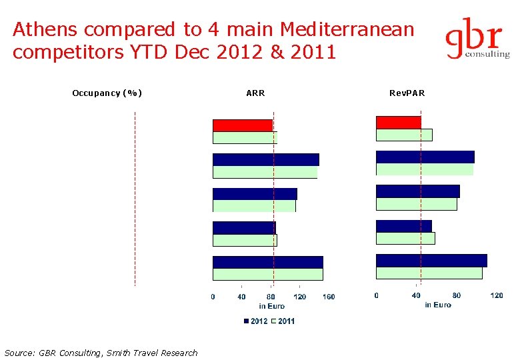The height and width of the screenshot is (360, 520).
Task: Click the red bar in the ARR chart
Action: point(243,125)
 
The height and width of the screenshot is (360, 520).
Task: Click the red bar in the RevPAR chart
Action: point(398,123)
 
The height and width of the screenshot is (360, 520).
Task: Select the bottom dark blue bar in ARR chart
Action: point(267,262)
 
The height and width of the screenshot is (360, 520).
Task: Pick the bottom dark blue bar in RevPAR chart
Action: point(431,261)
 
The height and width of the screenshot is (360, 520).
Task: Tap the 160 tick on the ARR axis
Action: point(328,297)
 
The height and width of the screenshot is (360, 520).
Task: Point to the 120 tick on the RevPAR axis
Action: point(496,295)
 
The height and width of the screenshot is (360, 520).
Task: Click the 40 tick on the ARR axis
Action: point(241,297)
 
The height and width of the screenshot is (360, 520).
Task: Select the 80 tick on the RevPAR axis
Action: point(457,295)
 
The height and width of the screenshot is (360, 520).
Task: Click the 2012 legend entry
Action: point(255,321)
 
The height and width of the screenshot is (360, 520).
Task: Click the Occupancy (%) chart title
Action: point(107,93)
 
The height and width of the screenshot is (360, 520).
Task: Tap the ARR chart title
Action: point(255,93)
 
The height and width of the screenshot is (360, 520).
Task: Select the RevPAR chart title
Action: point(407,93)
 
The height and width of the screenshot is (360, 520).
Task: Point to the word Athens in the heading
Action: point(43,30)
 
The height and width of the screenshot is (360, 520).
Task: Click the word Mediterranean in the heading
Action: point(347,30)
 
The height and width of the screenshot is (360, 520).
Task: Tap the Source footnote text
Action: point(101,353)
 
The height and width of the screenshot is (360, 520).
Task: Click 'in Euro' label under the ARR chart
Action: point(271,306)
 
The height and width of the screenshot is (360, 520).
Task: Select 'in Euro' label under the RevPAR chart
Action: point(437,305)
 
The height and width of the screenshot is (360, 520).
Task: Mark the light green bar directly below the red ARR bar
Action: point(245,137)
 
